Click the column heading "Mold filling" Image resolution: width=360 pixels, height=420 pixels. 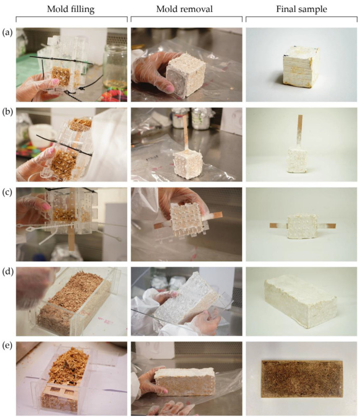(x=71, y=9)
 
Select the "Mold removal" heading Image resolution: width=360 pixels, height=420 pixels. (x=184, y=9)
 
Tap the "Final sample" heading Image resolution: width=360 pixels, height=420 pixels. (x=301, y=9)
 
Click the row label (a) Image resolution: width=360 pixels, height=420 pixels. (x=7, y=33)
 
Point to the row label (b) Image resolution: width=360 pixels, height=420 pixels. (x=7, y=112)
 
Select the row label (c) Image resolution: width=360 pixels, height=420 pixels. (x=7, y=192)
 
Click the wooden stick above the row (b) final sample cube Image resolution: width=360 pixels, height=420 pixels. (x=300, y=131)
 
